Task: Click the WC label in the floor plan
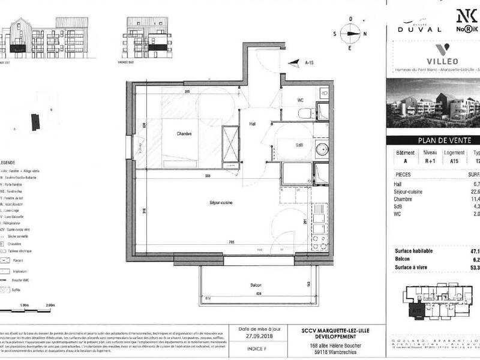(x=302, y=101)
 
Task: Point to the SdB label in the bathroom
(x=298, y=145)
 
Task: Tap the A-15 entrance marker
(x=310, y=62)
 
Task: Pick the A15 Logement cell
(x=454, y=161)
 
